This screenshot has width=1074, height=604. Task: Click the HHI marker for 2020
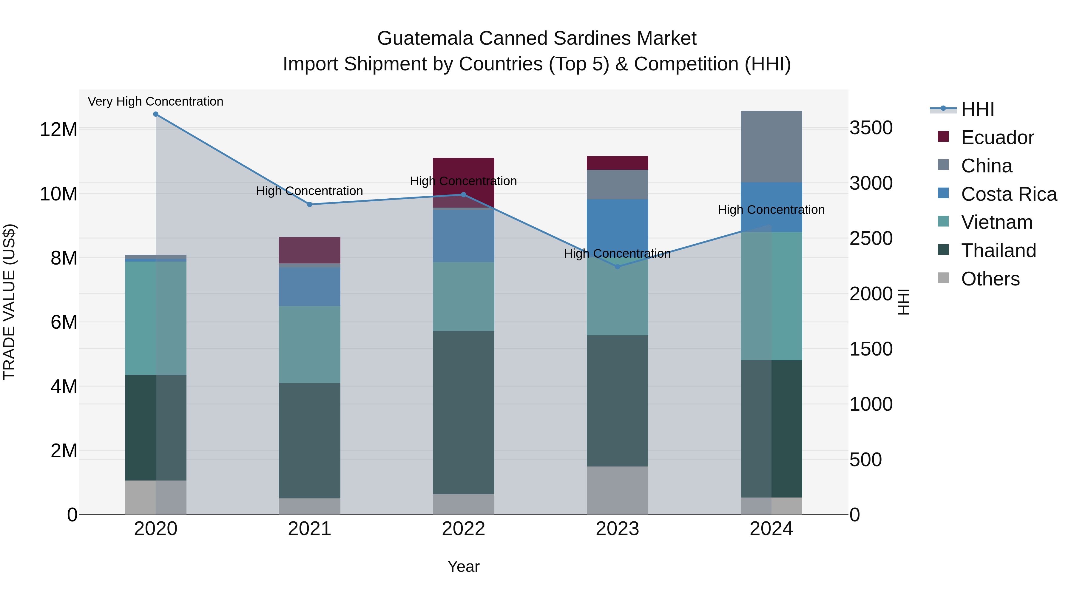[x=155, y=114]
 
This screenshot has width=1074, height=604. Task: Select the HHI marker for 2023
[x=618, y=267]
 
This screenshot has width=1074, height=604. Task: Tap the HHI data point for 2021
[x=309, y=205]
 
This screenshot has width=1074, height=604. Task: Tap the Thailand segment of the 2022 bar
[x=463, y=413]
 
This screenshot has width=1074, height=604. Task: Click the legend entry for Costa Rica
[x=1009, y=194]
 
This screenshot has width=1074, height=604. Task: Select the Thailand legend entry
[x=998, y=251]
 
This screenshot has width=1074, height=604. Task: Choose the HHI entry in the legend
[x=977, y=109]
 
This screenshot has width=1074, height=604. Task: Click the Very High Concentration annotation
[x=155, y=101]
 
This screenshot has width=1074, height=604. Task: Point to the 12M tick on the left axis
[x=58, y=129]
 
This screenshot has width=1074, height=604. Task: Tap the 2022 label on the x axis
[x=463, y=529]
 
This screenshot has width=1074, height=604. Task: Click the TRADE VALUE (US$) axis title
[x=9, y=302]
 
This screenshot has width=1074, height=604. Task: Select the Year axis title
[x=463, y=566]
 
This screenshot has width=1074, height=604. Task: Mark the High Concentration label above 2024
[x=771, y=210]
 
